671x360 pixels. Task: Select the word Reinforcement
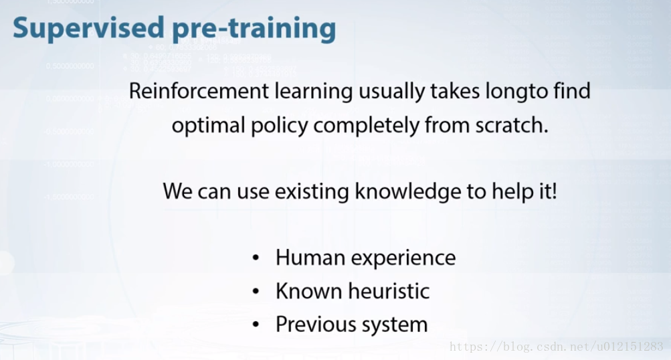pos(199,91)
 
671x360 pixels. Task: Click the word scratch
pos(512,126)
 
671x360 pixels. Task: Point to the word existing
pos(312,192)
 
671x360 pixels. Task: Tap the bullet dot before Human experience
pos(256,258)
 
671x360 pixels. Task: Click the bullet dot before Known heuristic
pos(256,291)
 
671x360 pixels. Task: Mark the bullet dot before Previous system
pos(256,325)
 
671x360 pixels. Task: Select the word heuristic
pos(389,291)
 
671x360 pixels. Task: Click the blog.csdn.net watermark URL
pos(557,347)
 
